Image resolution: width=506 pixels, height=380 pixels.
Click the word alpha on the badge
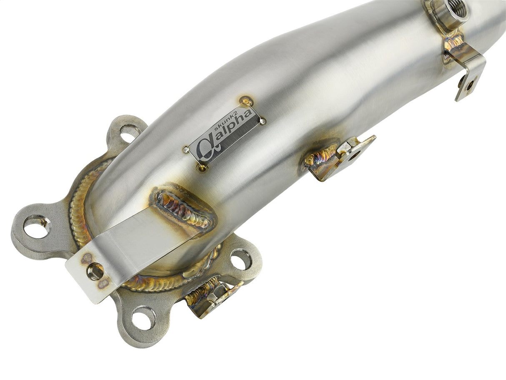232,129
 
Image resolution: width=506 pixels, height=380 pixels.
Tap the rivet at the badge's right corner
263,121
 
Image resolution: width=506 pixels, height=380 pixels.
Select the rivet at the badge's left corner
186,149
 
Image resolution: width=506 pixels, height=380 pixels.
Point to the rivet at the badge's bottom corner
203,168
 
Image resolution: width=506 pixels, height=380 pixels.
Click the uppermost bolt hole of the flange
129,133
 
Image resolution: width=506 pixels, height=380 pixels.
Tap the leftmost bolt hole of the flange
37,226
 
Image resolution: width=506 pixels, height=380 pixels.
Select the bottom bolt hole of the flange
144,318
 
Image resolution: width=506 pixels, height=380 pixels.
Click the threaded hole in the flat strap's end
95,271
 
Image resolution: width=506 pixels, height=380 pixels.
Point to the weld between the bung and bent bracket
453,42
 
